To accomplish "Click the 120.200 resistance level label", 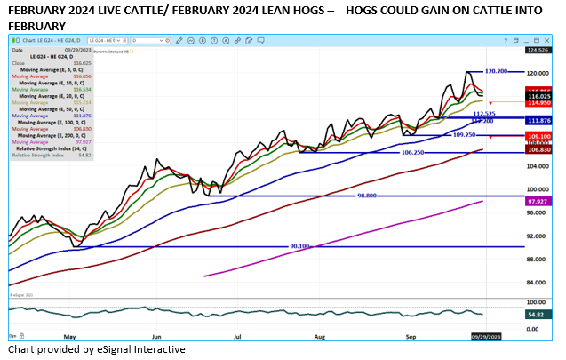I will [496, 71].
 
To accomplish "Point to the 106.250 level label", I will [416, 152].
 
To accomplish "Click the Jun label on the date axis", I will [157, 338].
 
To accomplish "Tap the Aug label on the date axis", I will [319, 338].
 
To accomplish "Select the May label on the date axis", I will [70, 338].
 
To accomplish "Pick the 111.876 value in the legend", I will [81, 115].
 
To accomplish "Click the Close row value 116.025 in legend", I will [81, 64].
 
